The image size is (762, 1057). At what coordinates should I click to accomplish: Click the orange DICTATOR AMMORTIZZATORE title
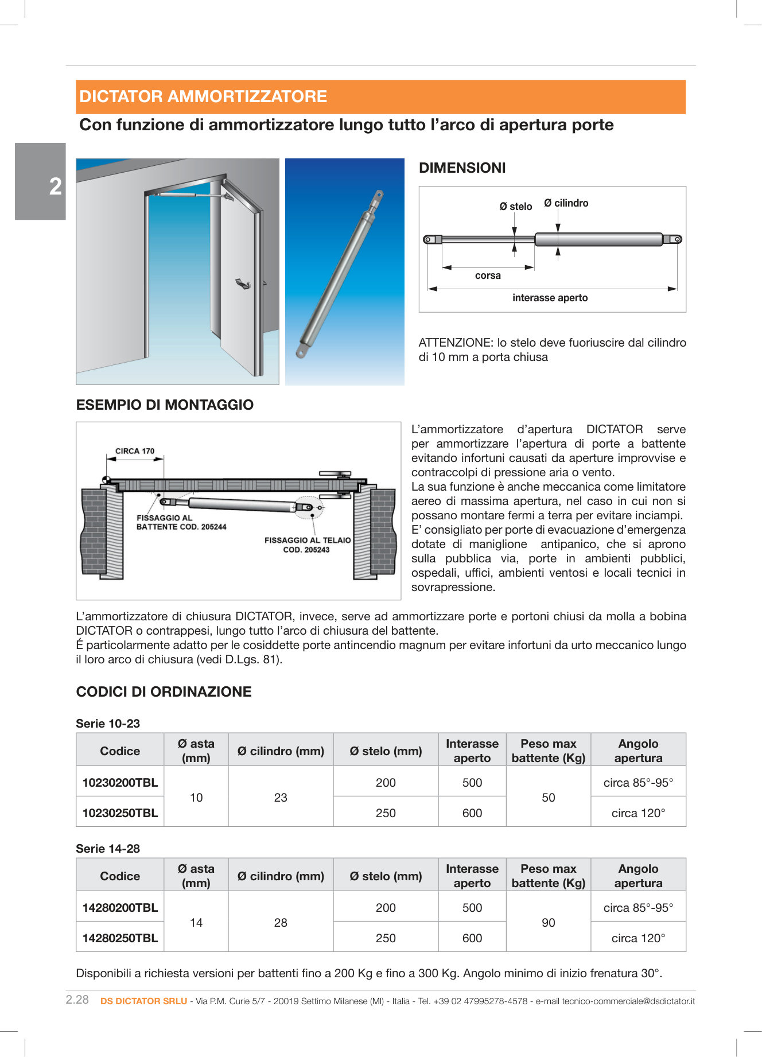click(203, 96)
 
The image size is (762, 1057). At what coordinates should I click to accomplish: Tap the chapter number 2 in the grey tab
click(55, 186)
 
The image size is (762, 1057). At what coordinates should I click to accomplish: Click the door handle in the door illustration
click(243, 283)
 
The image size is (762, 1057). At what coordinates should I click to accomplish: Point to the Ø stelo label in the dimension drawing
click(515, 207)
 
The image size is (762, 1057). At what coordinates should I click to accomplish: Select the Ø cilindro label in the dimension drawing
click(566, 203)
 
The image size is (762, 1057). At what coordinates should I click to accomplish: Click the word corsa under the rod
click(488, 276)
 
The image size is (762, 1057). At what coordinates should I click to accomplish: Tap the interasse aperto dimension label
click(550, 298)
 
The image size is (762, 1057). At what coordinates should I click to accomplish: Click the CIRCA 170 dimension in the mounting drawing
click(135, 451)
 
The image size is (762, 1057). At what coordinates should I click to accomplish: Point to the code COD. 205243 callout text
click(306, 550)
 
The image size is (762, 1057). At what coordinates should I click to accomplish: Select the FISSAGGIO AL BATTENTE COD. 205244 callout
click(181, 522)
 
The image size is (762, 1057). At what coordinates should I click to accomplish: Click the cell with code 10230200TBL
click(120, 783)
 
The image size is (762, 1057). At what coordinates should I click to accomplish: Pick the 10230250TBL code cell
click(120, 813)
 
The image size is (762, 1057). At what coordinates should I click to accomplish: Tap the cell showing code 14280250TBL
click(120, 938)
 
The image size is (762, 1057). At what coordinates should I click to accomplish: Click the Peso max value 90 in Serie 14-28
click(548, 923)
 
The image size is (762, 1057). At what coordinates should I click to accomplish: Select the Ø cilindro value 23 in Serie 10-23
click(281, 798)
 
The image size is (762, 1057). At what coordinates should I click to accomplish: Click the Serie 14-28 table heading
click(108, 849)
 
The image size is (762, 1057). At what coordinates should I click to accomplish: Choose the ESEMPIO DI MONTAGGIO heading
click(165, 405)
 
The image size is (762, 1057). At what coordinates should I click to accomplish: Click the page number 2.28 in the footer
click(77, 1000)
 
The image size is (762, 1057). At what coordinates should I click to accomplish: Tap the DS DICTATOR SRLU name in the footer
click(143, 1001)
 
